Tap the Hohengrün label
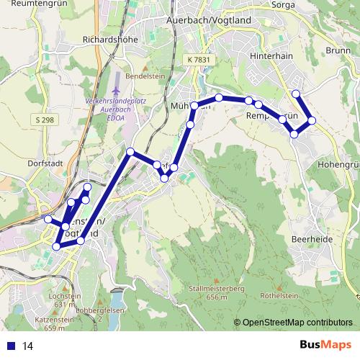coord(338,164)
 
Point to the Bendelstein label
coord(140,75)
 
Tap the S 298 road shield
coord(42,118)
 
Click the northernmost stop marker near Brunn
coord(295,93)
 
